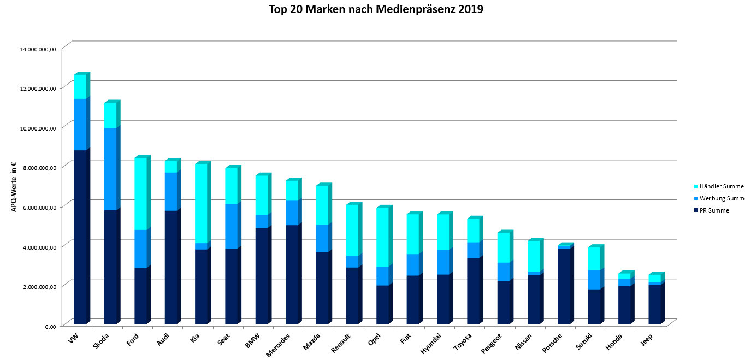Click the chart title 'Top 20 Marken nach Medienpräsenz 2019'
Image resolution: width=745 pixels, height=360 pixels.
(376, 9)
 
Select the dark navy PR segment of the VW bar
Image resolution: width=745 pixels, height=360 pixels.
(80, 237)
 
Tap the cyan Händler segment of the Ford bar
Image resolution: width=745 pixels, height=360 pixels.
(141, 193)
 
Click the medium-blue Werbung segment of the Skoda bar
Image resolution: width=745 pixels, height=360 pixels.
(110, 169)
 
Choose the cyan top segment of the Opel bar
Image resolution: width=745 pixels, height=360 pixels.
(383, 237)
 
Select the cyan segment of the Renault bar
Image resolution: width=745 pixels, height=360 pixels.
(353, 230)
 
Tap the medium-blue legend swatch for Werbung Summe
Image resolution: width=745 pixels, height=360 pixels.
(697, 198)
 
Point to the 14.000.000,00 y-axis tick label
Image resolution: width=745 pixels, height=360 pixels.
(38, 49)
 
